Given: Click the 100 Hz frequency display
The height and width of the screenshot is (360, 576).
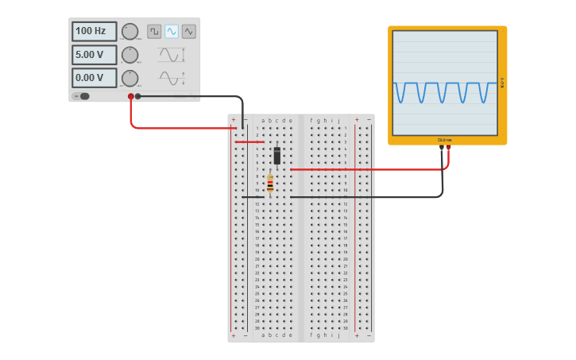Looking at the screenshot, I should point(94,31).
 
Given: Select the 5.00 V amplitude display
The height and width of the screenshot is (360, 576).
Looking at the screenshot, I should point(94,55).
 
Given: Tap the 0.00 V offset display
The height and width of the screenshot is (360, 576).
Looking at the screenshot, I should point(94,78).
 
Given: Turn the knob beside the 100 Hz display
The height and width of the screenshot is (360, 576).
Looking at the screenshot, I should point(130,31).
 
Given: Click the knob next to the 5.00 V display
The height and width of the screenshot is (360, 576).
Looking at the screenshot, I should point(130,55).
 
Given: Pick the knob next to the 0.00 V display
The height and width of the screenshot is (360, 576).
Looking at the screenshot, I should point(130,78).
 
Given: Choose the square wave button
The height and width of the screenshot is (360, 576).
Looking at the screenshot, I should point(154,31).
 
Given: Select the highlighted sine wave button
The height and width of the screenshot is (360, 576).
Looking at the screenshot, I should point(172,31).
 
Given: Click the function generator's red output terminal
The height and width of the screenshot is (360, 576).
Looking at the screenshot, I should point(131,96).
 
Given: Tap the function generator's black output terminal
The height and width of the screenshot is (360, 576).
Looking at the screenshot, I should point(138,96).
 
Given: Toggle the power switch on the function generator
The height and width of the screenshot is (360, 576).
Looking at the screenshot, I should point(82,96).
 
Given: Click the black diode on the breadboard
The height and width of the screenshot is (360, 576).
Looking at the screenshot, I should point(276,156).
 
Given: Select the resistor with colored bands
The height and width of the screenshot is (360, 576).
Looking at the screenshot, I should point(270,183).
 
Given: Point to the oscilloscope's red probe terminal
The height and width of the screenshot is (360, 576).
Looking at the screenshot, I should point(448,147).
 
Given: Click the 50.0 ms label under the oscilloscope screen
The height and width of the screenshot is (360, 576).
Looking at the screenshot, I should point(444,140).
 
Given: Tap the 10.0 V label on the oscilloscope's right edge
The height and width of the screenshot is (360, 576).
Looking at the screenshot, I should point(502,82).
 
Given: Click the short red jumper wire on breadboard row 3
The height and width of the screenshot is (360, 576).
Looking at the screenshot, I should point(249,141).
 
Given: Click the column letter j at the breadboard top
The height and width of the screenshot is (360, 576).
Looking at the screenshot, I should point(338,121).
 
